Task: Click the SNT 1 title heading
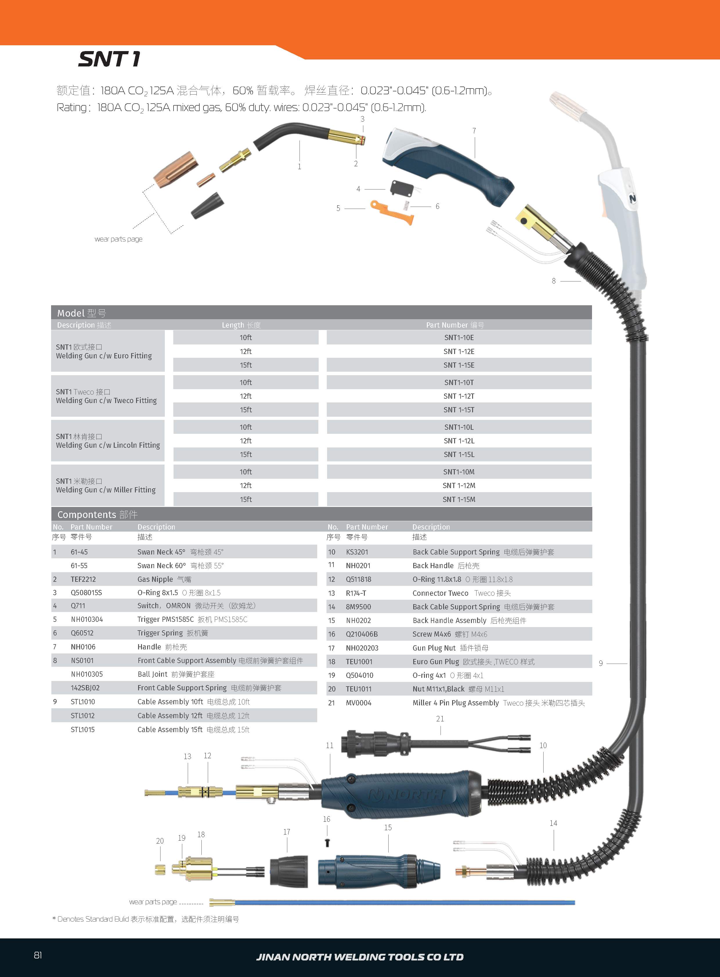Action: point(109,59)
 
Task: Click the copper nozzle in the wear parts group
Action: point(175,169)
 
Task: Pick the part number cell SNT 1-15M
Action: point(459,499)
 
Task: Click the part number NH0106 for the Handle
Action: point(83,647)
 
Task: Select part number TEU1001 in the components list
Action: point(359,662)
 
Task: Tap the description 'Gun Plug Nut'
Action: point(434,648)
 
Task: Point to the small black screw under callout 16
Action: point(327,843)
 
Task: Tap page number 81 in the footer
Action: point(38,955)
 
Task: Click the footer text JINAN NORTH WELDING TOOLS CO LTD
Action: point(360,957)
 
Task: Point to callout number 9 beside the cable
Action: point(601,663)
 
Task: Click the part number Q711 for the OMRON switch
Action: point(78,606)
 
